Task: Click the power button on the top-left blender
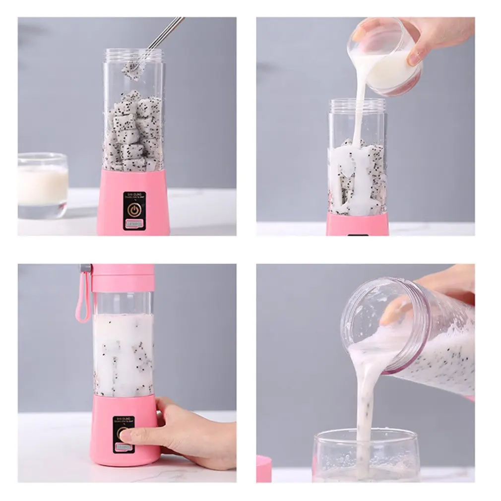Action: tap(133, 210)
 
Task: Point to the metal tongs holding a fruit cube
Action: tap(164, 35)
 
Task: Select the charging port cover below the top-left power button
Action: tap(133, 225)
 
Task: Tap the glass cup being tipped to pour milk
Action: tap(384, 57)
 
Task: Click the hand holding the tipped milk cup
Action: tap(437, 37)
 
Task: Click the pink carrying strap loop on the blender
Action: tap(81, 298)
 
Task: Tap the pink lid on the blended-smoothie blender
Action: tap(123, 278)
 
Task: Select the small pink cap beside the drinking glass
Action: tap(264, 469)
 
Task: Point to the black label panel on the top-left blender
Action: tap(133, 211)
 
